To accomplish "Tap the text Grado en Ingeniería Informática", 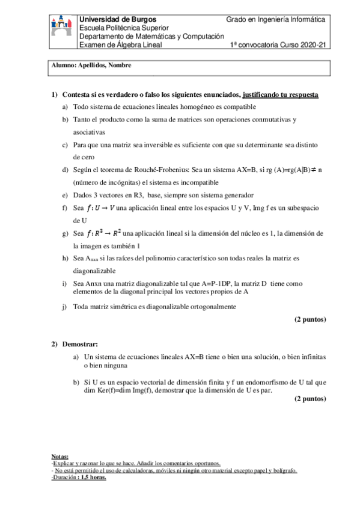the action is [x=275, y=20].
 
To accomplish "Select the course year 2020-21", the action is [x=311, y=45].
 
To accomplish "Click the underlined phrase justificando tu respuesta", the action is [x=281, y=95].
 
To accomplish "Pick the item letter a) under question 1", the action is [x=66, y=106].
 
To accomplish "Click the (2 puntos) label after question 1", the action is [x=310, y=319].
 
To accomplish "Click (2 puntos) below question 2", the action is [x=310, y=399].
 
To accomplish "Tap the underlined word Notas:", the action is [x=60, y=456].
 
